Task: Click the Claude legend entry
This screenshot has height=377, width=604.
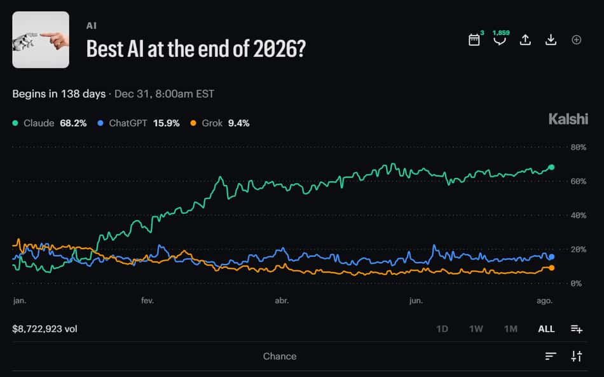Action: click(x=50, y=123)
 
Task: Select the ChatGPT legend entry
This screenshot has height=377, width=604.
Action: click(x=139, y=123)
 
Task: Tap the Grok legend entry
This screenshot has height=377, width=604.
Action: click(x=220, y=123)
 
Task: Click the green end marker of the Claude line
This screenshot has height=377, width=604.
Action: click(x=551, y=167)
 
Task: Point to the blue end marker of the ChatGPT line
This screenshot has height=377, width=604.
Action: click(x=551, y=257)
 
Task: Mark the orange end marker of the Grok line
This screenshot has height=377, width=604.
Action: click(x=551, y=268)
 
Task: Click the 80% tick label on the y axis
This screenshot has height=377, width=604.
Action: click(x=578, y=147)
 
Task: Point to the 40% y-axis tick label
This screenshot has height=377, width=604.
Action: click(x=578, y=216)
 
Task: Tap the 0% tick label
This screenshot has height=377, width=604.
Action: click(x=576, y=284)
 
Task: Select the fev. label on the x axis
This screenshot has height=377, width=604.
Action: click(x=148, y=300)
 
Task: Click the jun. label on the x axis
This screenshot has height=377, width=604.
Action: click(x=416, y=300)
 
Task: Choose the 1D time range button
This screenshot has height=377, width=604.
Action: click(x=442, y=329)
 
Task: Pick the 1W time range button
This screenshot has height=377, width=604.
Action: click(x=476, y=329)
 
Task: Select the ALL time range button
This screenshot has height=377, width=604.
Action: click(x=546, y=329)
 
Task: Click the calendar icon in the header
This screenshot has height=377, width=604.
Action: click(x=474, y=39)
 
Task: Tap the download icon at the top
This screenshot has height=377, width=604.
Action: click(x=551, y=39)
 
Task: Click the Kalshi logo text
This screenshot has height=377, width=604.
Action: click(x=568, y=119)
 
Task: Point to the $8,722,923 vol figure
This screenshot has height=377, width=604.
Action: click(x=45, y=329)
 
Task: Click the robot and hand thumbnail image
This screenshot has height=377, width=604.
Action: click(x=41, y=39)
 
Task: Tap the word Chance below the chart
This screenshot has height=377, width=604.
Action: click(x=280, y=356)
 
